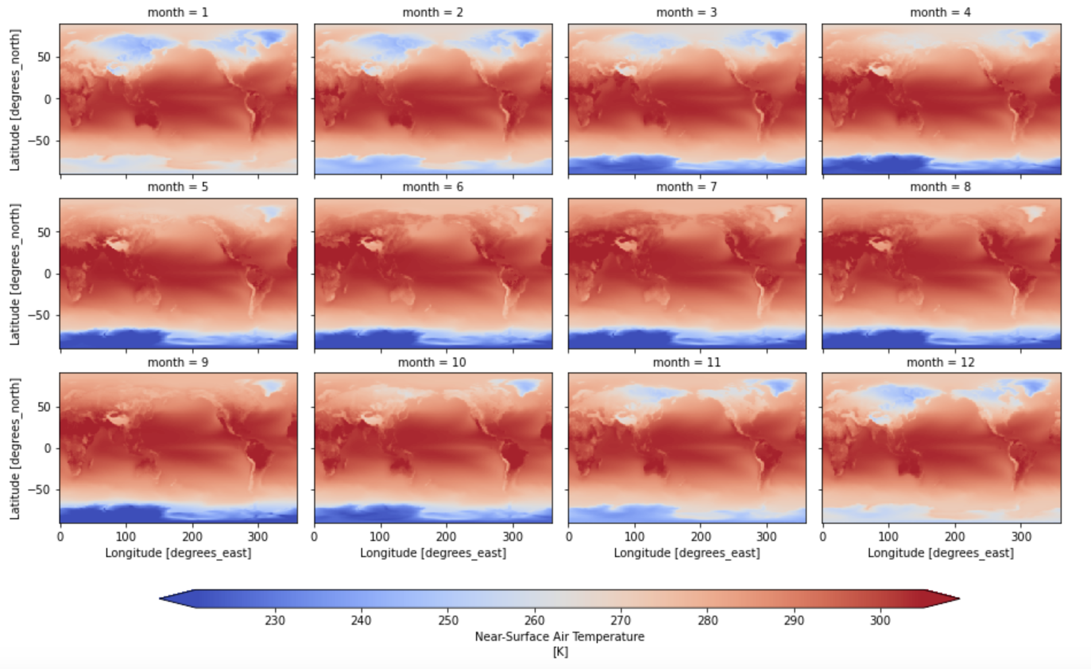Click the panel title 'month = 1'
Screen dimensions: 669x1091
178,12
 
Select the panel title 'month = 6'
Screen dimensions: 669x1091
432,187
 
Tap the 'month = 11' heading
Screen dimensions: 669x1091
687,362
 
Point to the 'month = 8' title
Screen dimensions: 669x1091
941,187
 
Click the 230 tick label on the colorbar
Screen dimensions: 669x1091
275,620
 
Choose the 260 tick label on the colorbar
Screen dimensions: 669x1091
535,620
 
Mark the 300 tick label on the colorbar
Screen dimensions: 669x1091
880,620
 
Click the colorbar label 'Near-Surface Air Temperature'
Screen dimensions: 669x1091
559,636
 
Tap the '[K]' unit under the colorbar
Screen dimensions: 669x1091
559,651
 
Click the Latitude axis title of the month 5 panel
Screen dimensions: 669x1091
15,274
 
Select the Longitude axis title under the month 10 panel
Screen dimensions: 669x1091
433,553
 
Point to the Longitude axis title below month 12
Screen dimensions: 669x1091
941,553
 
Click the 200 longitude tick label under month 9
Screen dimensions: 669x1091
192,536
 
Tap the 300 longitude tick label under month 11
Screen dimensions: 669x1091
767,536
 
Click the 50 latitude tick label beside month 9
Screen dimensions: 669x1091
44,407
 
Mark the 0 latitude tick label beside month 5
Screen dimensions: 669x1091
48,274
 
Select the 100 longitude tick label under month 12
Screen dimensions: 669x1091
888,536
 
